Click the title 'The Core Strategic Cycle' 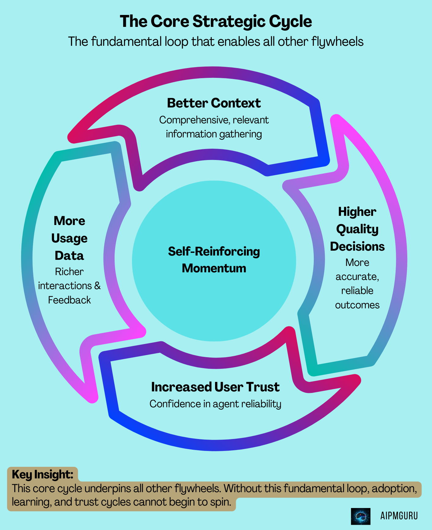point(216,21)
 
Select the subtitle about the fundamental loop point(216,42)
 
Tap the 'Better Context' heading point(214,103)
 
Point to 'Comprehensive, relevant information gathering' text point(214,127)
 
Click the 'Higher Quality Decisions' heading point(357,229)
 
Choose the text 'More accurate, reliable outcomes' point(357,284)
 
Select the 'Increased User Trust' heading point(215,387)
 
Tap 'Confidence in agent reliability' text point(215,404)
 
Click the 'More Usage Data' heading point(69,238)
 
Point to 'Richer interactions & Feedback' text point(69,286)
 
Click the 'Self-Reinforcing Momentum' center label point(214,260)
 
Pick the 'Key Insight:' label point(42,474)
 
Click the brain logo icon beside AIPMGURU point(361,516)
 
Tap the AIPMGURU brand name point(399,516)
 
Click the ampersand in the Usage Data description point(97,286)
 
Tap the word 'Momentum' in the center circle point(214,268)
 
